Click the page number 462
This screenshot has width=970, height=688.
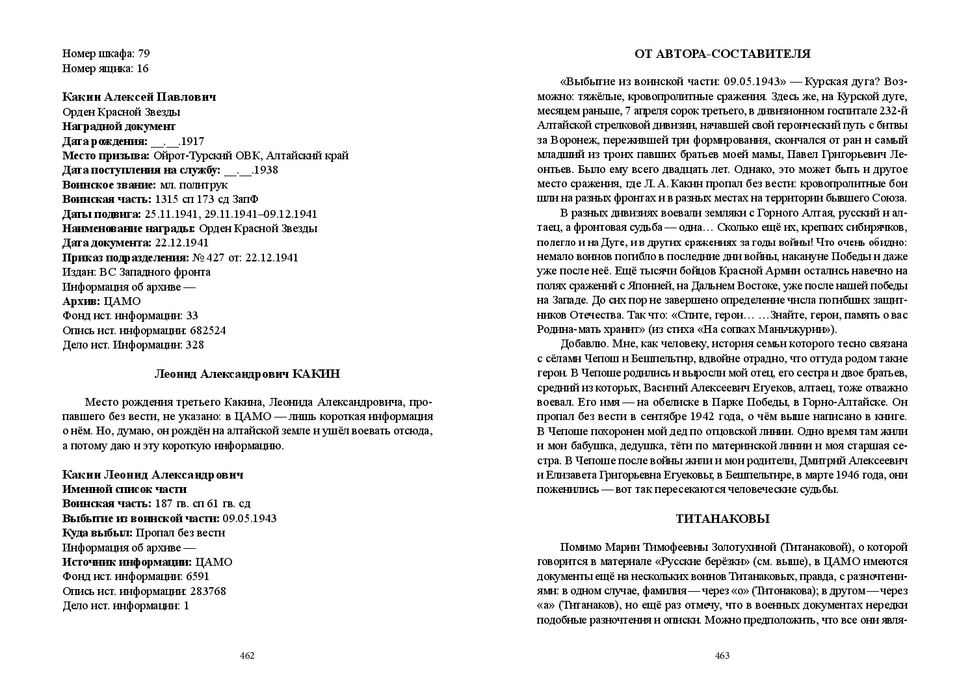[x=247, y=655]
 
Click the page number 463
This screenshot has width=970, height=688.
[x=722, y=655]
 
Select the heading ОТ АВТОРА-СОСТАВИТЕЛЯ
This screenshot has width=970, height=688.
[x=722, y=54]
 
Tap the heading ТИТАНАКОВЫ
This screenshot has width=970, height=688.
[x=722, y=519]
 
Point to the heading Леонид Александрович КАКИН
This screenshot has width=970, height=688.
[x=247, y=374]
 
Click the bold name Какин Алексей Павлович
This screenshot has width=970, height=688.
[x=139, y=97]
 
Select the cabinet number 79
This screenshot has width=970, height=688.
[x=144, y=53]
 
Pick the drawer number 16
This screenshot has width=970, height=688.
[x=142, y=68]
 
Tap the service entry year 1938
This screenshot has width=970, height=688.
[x=266, y=170]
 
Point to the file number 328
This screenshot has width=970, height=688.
[x=194, y=345]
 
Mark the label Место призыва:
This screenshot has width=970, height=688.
[x=105, y=155]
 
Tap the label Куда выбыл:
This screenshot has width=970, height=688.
[x=97, y=533]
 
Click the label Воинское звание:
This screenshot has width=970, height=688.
[x=109, y=185]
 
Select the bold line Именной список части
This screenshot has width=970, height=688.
[x=124, y=489]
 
